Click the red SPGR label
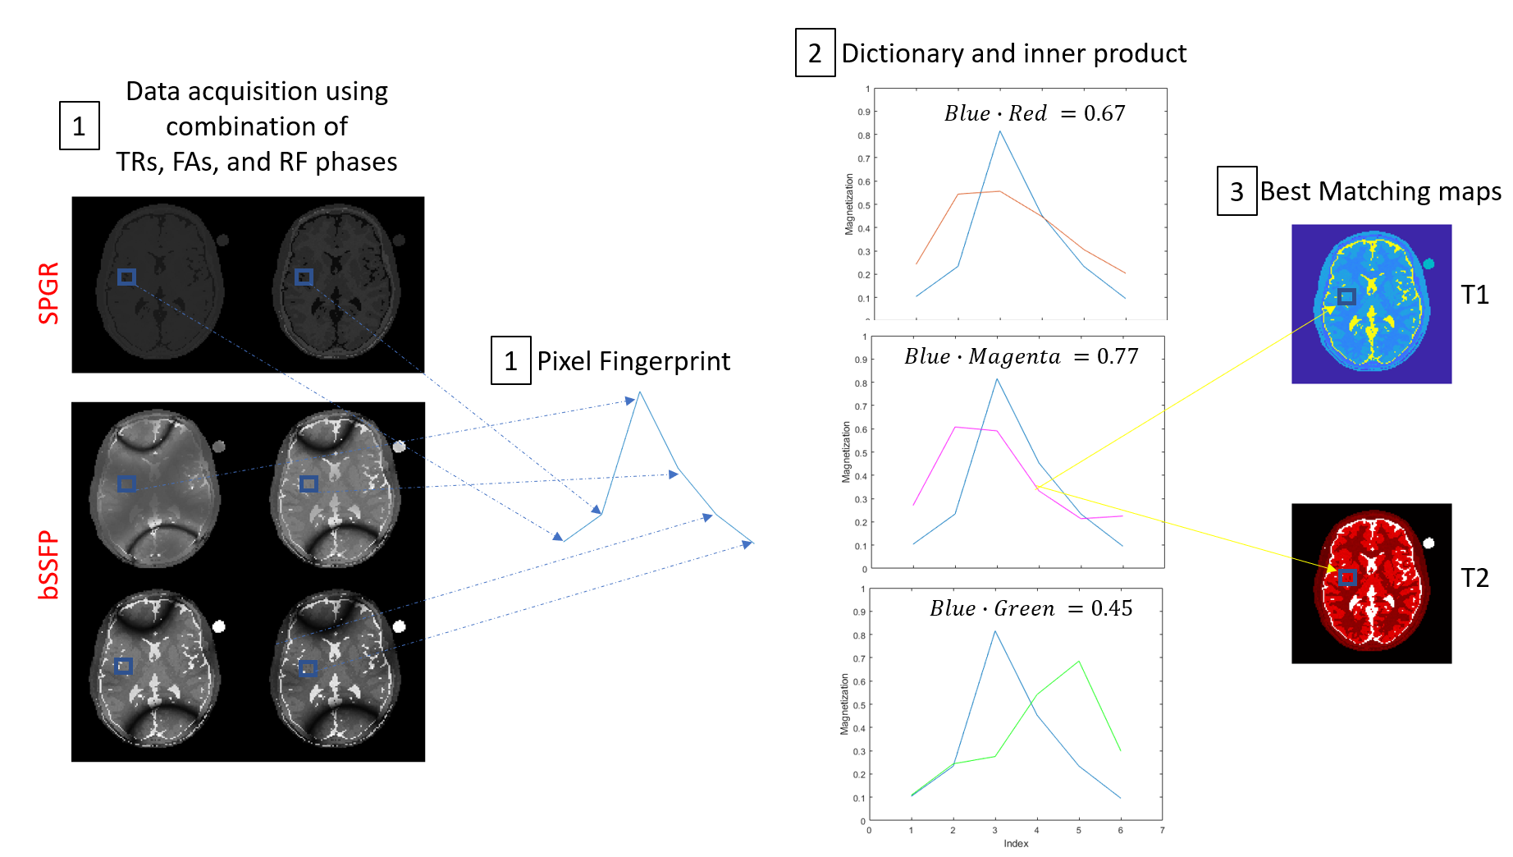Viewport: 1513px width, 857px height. point(49,293)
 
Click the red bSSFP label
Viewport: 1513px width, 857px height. point(49,565)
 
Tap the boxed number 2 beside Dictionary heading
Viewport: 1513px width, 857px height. point(815,53)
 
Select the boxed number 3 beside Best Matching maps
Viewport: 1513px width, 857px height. point(1236,192)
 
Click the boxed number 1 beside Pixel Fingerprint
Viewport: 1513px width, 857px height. point(510,361)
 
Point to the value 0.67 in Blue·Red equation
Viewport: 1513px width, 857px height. point(1104,113)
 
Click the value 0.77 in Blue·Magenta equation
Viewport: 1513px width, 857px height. point(1118,356)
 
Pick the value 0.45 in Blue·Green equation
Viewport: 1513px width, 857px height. point(1112,608)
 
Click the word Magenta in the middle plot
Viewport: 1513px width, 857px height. point(1014,356)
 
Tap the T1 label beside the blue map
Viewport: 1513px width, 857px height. point(1474,295)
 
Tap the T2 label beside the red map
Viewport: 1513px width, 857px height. point(1474,578)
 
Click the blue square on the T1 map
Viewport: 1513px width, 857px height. point(1346,296)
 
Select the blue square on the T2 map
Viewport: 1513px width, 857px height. point(1346,577)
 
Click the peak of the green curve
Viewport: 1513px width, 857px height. point(1078,662)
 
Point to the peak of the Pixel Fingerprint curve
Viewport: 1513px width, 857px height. point(640,392)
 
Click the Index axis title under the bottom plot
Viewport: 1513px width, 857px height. point(1016,843)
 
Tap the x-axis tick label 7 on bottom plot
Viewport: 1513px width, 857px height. point(1162,830)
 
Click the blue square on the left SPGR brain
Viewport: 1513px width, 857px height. point(126,277)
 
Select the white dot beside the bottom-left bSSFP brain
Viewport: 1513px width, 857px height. point(219,626)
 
